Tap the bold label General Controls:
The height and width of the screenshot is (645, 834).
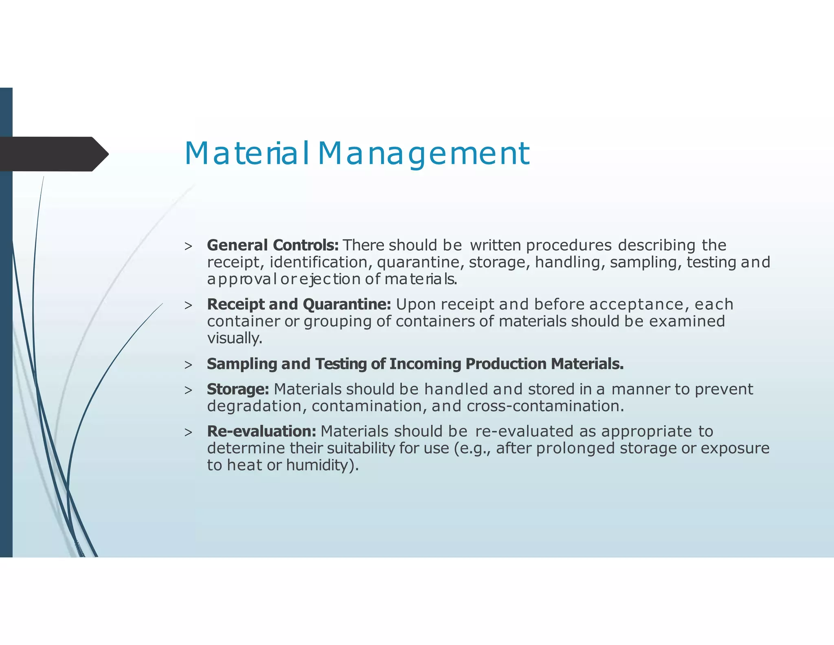click(x=272, y=245)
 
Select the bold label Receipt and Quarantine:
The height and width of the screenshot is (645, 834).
click(x=299, y=304)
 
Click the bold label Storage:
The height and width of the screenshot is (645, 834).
click(x=238, y=389)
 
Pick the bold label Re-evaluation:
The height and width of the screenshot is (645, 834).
click(x=261, y=431)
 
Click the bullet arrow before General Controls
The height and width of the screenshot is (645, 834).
click(x=188, y=246)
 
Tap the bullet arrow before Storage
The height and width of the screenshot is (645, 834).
click(x=188, y=390)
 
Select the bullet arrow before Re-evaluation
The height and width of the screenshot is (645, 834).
click(x=188, y=432)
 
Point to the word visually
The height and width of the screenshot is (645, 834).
click(x=235, y=338)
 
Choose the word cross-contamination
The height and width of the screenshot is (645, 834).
click(x=545, y=406)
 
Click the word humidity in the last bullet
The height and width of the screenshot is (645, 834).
click(x=318, y=465)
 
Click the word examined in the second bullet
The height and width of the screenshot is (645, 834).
click(x=687, y=321)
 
